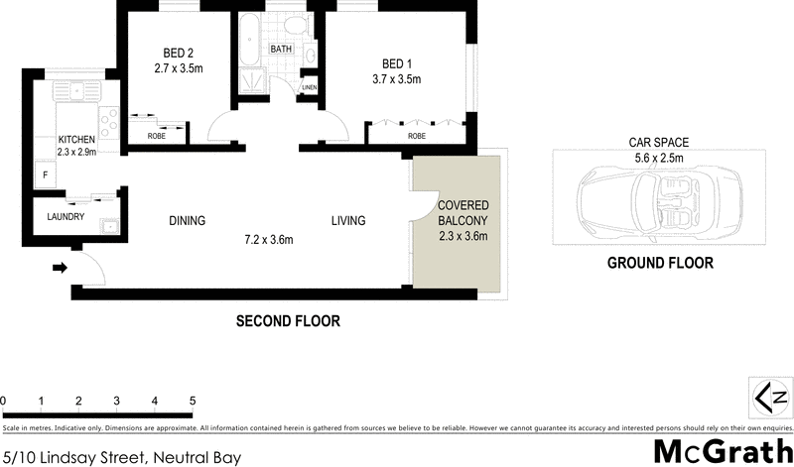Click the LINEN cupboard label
pos(310,88)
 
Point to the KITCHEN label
pos(75,139)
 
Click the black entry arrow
pos(59,267)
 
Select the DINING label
pos(187,221)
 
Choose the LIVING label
pos(348,221)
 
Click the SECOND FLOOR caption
pos(288,321)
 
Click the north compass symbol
pos(770,398)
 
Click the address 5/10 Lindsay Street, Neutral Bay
pos(120,457)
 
